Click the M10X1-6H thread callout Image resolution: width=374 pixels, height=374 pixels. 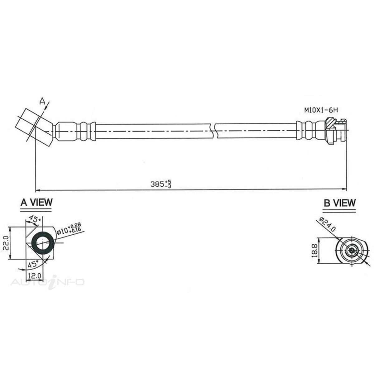(x=321, y=110)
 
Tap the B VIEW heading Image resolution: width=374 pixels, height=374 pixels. (x=339, y=203)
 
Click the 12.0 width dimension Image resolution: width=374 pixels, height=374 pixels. (x=35, y=276)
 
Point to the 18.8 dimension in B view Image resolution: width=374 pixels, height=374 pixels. (x=314, y=251)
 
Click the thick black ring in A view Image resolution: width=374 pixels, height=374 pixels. (x=43, y=243)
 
